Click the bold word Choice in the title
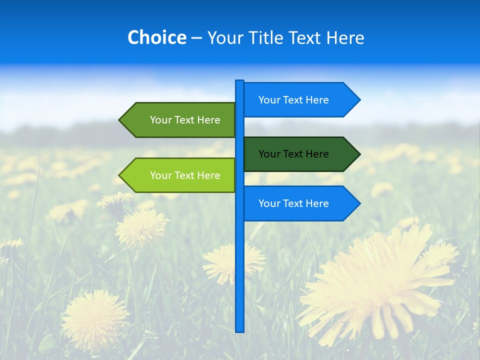click(x=156, y=37)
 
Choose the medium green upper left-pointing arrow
click(x=180, y=120)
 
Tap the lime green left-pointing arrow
click(x=180, y=175)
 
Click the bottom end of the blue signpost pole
click(x=239, y=329)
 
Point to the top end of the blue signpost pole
click(x=239, y=82)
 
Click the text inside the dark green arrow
click(x=293, y=154)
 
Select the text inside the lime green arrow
click(x=185, y=175)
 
